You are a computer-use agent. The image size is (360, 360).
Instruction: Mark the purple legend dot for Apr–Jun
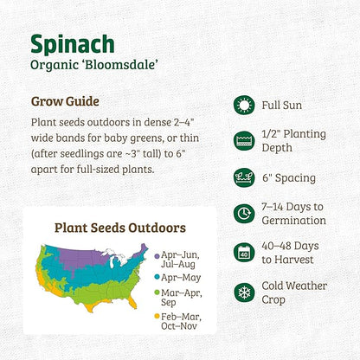point(156,256)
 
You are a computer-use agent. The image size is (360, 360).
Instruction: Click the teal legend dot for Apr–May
point(156,277)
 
